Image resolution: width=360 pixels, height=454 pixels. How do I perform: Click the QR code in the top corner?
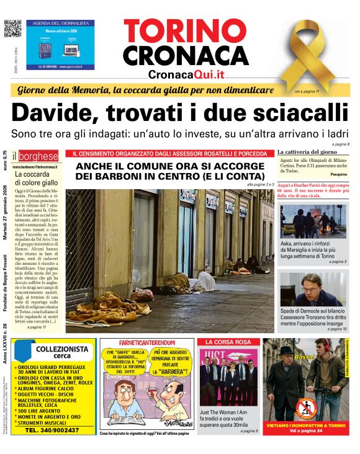coord(12,29)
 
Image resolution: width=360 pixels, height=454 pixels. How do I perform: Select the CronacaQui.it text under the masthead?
coord(186,74)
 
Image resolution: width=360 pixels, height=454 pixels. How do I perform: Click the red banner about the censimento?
coord(170,153)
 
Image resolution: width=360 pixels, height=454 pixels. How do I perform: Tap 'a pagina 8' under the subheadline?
coord(340,145)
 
